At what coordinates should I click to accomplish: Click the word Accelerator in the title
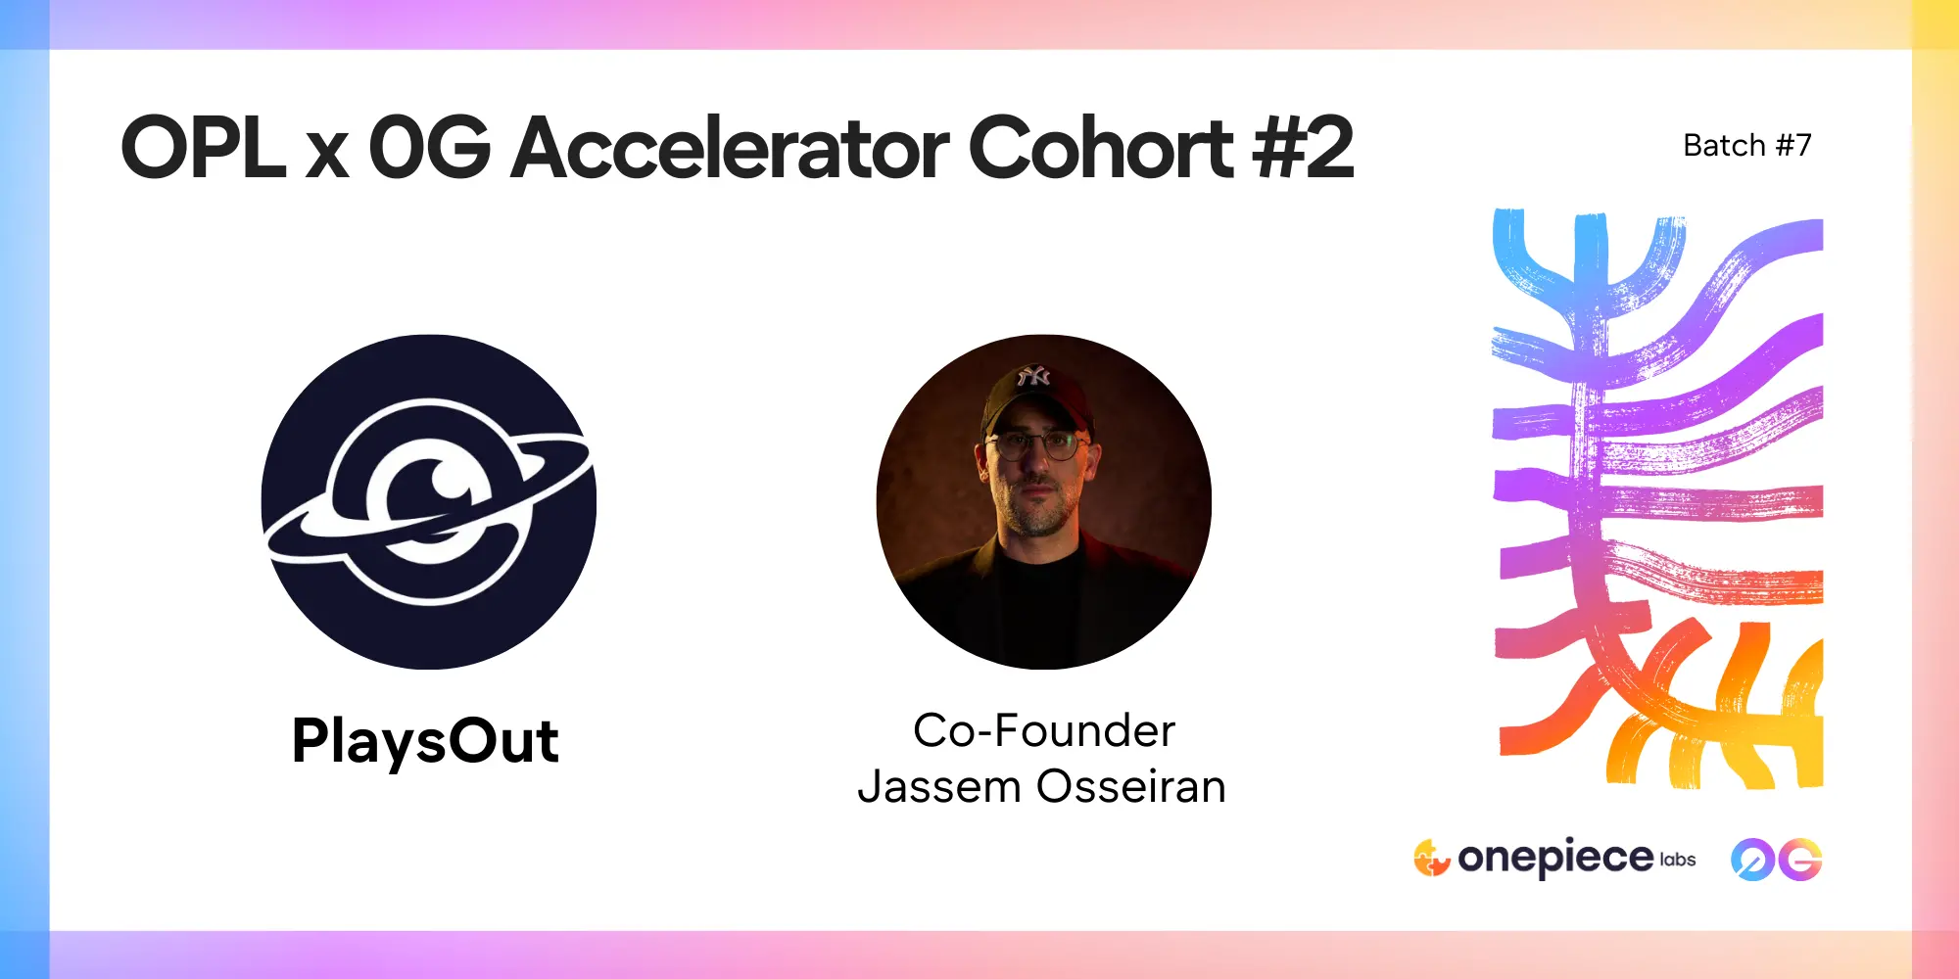click(731, 148)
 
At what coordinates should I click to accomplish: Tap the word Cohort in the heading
click(1101, 148)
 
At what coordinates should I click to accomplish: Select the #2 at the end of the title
click(1304, 148)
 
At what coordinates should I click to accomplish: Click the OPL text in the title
click(204, 148)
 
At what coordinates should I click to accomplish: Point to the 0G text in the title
click(429, 148)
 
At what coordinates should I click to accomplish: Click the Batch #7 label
click(1747, 146)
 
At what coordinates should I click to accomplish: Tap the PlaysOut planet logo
click(429, 502)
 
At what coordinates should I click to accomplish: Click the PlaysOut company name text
click(425, 742)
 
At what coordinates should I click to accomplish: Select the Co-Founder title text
click(1044, 730)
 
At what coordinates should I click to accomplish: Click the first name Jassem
click(940, 787)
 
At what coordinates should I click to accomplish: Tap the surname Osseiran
click(1131, 787)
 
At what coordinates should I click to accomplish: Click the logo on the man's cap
click(1032, 376)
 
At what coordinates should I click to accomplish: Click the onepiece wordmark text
click(1555, 859)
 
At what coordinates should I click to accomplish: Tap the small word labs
click(1678, 860)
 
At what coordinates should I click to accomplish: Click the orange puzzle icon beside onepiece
click(1431, 858)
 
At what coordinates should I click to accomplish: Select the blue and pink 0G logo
click(1776, 860)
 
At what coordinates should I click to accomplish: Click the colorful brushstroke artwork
click(1657, 499)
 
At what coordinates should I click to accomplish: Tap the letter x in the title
click(327, 157)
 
